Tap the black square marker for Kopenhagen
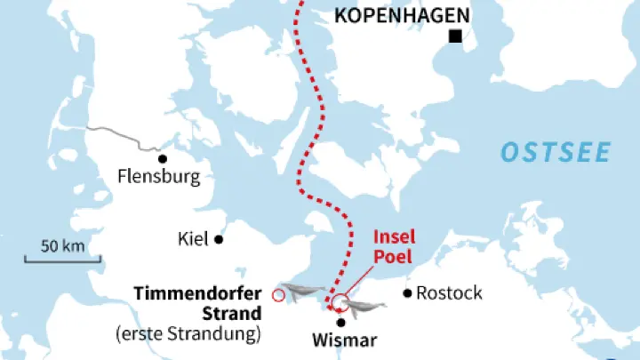click(x=456, y=36)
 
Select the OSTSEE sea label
click(x=556, y=152)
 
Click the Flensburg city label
click(x=158, y=177)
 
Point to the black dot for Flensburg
click(x=162, y=158)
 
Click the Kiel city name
click(x=193, y=238)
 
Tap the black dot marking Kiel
click(x=218, y=238)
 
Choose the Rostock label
click(x=449, y=292)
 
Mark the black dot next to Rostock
click(x=407, y=292)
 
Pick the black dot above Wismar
click(x=340, y=322)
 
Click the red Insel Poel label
click(x=394, y=247)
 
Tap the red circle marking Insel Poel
click(x=340, y=301)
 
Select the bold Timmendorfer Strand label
click(x=197, y=303)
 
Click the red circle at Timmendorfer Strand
click(x=279, y=295)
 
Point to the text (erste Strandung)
click(x=188, y=334)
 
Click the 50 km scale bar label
click(x=61, y=244)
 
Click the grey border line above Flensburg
click(x=124, y=136)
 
